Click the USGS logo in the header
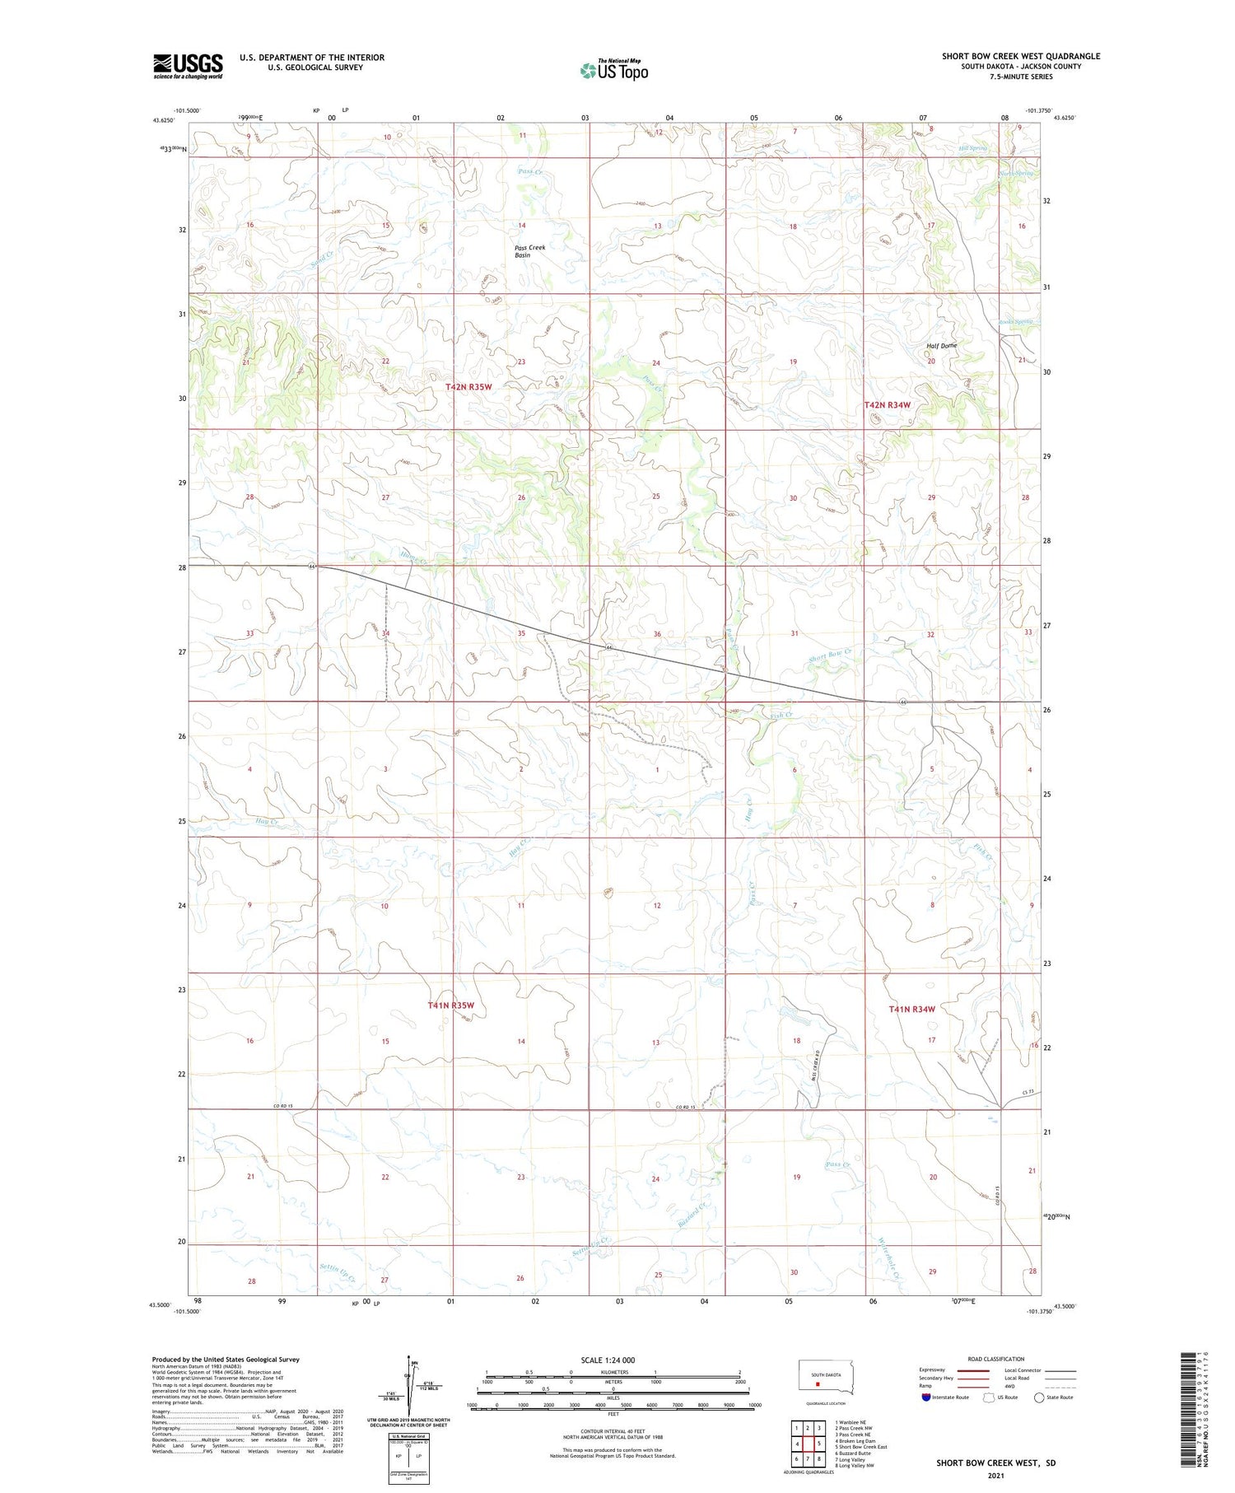[x=188, y=66]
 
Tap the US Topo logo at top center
[x=614, y=70]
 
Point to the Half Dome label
[x=941, y=346]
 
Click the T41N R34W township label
[x=912, y=1009]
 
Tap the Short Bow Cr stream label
[x=830, y=656]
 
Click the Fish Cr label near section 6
[x=781, y=715]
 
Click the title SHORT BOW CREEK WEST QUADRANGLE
[x=1021, y=56]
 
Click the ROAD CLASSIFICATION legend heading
[x=996, y=1359]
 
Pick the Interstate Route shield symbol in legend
[x=926, y=1397]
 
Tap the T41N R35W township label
[x=451, y=1005]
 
